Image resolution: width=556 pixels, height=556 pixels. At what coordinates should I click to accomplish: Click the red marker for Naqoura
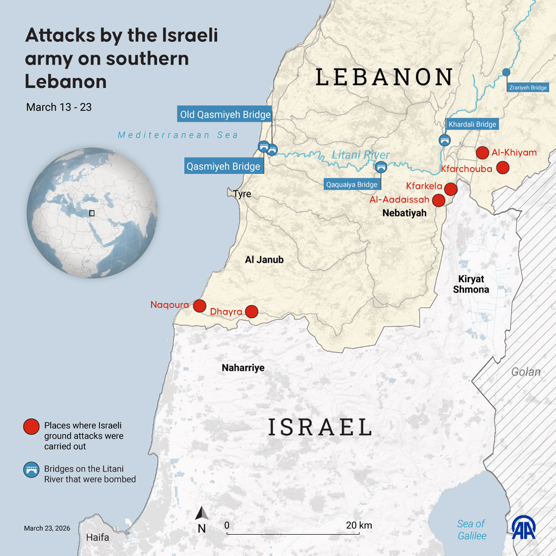199,306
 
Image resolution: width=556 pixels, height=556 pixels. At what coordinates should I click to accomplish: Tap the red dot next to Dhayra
252,311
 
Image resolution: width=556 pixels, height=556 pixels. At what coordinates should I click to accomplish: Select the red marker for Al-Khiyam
482,153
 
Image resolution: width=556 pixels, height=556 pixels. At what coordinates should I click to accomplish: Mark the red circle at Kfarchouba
503,168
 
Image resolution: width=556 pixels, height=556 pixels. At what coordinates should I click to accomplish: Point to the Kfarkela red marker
450,189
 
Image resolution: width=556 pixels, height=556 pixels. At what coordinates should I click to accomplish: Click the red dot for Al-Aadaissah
438,200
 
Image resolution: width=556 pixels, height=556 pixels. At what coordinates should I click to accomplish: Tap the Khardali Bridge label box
472,125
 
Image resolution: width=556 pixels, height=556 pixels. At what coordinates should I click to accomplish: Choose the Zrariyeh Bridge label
527,88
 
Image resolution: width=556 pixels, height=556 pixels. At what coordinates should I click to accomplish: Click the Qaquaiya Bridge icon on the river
381,167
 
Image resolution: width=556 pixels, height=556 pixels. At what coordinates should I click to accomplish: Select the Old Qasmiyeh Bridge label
225,115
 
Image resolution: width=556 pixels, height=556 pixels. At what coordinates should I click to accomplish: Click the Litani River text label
354,155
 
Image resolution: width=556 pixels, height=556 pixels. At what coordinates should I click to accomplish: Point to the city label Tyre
242,194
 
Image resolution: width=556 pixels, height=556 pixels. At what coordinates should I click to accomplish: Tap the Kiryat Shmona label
471,284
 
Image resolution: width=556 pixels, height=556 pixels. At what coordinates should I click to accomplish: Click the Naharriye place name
243,368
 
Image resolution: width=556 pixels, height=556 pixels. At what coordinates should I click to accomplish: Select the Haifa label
97,538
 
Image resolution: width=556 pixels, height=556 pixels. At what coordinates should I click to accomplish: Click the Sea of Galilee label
471,530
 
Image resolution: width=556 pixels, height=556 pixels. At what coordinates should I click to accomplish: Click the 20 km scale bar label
359,525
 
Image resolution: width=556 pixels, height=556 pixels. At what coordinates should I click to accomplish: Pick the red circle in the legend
31,427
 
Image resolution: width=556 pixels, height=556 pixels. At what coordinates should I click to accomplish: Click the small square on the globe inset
91,213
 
